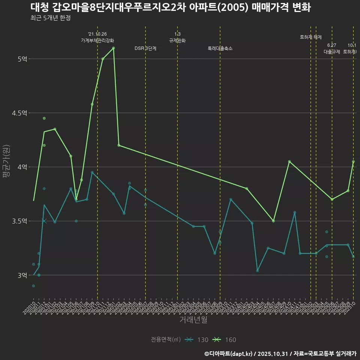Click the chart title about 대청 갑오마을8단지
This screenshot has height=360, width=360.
point(170,7)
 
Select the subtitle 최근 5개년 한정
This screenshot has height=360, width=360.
point(50,18)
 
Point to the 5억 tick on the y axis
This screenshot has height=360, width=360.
point(22,59)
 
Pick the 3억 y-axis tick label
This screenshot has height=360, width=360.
point(22,275)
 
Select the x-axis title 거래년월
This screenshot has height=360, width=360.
point(193,320)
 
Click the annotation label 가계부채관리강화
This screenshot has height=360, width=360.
point(97,40)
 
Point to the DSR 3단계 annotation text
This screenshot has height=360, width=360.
point(145,48)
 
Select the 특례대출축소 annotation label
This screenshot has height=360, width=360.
point(220,48)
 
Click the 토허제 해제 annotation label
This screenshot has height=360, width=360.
point(311,37)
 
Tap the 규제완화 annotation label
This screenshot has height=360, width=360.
point(177,40)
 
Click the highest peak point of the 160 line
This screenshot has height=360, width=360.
point(113,48)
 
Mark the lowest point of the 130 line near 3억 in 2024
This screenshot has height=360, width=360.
point(257,271)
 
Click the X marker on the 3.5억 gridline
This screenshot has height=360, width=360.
point(44,221)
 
